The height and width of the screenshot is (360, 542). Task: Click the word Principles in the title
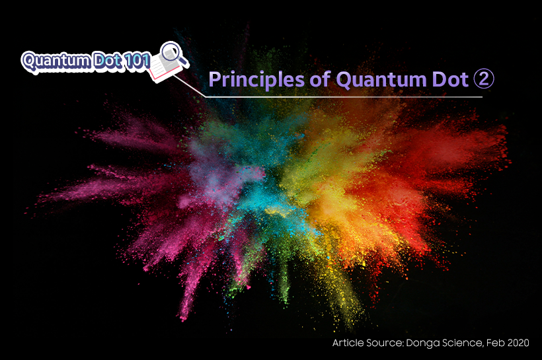(256, 80)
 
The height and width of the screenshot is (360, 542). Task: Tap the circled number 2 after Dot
(484, 79)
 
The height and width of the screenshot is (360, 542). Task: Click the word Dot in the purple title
(450, 79)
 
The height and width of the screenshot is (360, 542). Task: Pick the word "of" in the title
(320, 79)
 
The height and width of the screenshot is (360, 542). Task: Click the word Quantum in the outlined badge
(56, 61)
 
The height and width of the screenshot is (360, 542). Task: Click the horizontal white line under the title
(344, 97)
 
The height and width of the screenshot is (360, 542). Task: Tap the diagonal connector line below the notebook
(189, 86)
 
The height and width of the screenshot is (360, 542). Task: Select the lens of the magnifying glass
(171, 51)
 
